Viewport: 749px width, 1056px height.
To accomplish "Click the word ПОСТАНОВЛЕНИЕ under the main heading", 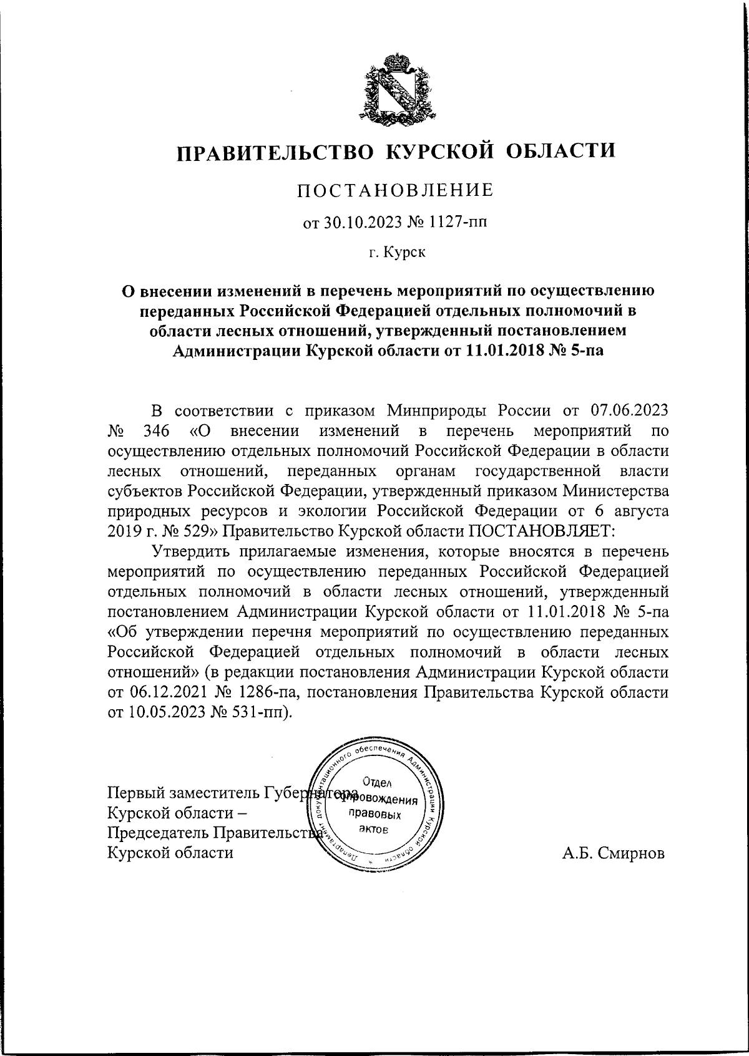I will [x=394, y=190].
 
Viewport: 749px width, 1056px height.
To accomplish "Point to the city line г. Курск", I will [x=396, y=253].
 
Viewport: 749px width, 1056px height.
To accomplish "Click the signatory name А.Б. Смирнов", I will [x=614, y=853].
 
